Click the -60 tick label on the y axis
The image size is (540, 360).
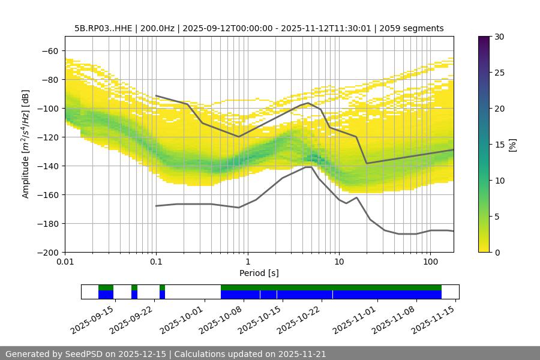50,51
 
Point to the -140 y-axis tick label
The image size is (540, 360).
48,166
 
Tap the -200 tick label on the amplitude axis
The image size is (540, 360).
48,253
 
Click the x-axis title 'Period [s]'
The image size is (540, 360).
259,274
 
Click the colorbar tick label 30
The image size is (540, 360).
499,37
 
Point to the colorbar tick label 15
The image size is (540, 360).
499,145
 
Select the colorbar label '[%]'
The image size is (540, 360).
513,144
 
